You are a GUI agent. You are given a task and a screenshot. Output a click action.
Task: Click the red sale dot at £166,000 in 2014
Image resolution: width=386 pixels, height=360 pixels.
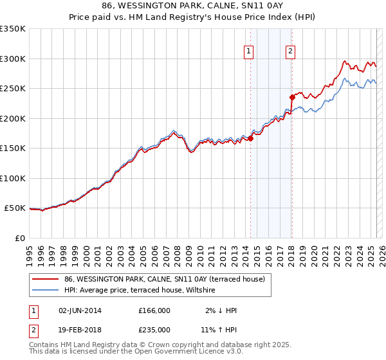tap(251, 138)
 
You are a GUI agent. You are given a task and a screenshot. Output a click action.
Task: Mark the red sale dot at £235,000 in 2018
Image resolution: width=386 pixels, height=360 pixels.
tap(292, 97)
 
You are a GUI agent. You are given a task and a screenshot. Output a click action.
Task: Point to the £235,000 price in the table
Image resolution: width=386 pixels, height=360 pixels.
tap(154, 329)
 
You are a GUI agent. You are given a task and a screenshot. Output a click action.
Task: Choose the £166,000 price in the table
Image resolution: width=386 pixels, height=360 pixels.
tap(154, 310)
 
